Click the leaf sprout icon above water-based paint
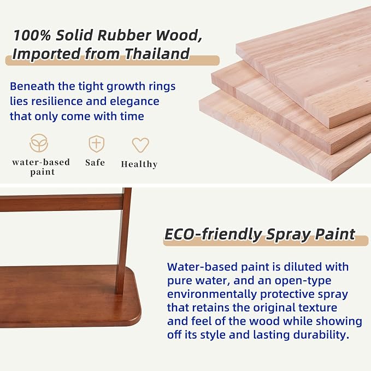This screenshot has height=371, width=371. (x=39, y=143)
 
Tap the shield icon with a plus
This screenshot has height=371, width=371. (x=97, y=144)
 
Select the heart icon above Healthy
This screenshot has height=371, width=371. (x=140, y=145)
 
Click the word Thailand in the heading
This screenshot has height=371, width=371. (x=157, y=54)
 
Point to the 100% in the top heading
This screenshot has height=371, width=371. (x=32, y=36)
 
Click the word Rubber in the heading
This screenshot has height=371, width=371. (x=124, y=36)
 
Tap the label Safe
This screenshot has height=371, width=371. (x=95, y=162)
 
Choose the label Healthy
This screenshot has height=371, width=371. (x=139, y=164)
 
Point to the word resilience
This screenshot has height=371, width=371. (x=57, y=101)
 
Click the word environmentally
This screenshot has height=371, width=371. (x=212, y=295)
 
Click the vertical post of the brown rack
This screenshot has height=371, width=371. (x=123, y=241)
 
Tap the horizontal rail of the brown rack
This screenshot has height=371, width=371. (x=62, y=203)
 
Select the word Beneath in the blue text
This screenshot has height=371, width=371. (x=32, y=86)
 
